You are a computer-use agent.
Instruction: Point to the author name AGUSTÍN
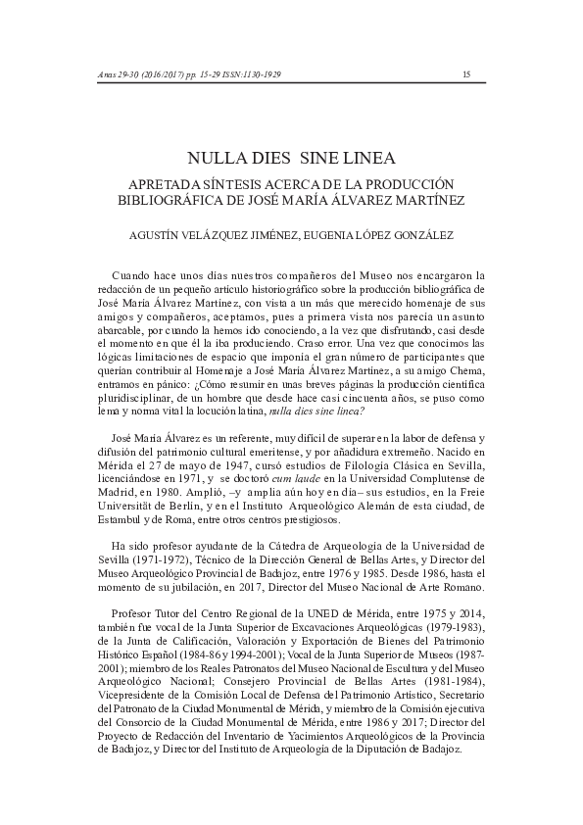click(160, 234)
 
